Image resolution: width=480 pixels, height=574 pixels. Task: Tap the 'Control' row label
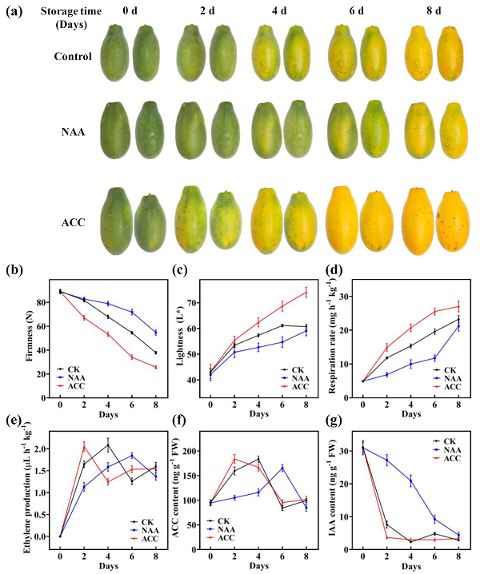tap(73, 56)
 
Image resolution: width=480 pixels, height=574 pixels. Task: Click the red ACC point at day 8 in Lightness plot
tap(306, 293)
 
